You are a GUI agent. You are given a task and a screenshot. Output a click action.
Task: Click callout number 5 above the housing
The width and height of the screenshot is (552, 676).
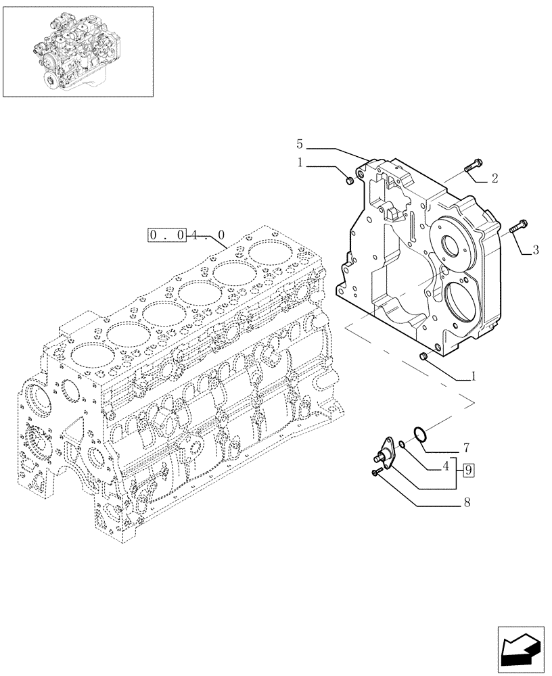pyautogui.click(x=300, y=143)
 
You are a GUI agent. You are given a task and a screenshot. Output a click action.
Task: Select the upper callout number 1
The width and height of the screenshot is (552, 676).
pyautogui.click(x=300, y=163)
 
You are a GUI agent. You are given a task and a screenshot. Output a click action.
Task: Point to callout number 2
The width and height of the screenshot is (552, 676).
pyautogui.click(x=495, y=178)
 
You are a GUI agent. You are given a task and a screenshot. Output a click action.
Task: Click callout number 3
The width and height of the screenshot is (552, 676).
pyautogui.click(x=535, y=250)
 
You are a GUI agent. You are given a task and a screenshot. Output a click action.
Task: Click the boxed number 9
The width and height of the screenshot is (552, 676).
pyautogui.click(x=469, y=468)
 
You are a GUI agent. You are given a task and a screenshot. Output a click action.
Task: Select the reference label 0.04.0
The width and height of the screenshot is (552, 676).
pyautogui.click(x=187, y=235)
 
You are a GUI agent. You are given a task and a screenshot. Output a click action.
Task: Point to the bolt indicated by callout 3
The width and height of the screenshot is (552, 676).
pyautogui.click(x=520, y=226)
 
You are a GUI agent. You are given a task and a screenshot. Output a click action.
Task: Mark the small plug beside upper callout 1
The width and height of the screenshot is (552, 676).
pyautogui.click(x=350, y=180)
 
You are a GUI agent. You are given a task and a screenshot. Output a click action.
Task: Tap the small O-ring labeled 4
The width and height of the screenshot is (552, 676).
pyautogui.click(x=402, y=444)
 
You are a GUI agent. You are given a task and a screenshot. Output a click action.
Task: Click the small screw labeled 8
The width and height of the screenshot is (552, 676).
pyautogui.click(x=376, y=473)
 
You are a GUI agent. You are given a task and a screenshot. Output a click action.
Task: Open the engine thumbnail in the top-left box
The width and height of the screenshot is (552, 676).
pyautogui.click(x=78, y=51)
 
